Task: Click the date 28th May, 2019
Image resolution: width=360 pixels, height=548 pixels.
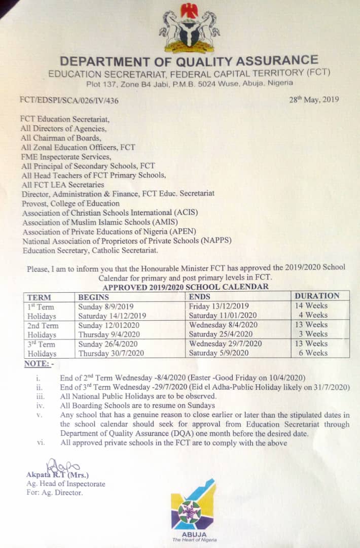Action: click(314, 99)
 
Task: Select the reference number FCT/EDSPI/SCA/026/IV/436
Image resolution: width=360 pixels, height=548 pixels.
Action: click(69, 100)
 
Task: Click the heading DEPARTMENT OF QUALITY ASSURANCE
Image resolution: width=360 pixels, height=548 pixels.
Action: click(189, 61)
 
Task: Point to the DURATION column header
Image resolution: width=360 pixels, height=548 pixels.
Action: click(317, 296)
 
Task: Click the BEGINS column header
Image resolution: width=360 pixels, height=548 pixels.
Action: click(94, 297)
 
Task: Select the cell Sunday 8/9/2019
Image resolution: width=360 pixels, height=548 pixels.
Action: click(106, 306)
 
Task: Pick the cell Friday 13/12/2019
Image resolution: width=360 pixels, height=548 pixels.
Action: click(219, 306)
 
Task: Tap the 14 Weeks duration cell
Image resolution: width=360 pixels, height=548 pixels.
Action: click(311, 305)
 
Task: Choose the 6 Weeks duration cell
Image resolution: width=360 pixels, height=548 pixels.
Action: click(313, 353)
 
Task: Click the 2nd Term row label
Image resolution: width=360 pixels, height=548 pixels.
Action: click(43, 325)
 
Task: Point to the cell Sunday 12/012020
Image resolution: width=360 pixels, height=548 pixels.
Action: click(108, 325)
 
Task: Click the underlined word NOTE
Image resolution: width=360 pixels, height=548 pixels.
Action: click(38, 364)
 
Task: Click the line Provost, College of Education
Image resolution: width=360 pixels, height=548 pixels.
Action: click(70, 203)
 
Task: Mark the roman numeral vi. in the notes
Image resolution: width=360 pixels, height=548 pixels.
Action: click(40, 442)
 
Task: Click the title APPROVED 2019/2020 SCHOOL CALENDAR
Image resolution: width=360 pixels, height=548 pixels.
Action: click(186, 287)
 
